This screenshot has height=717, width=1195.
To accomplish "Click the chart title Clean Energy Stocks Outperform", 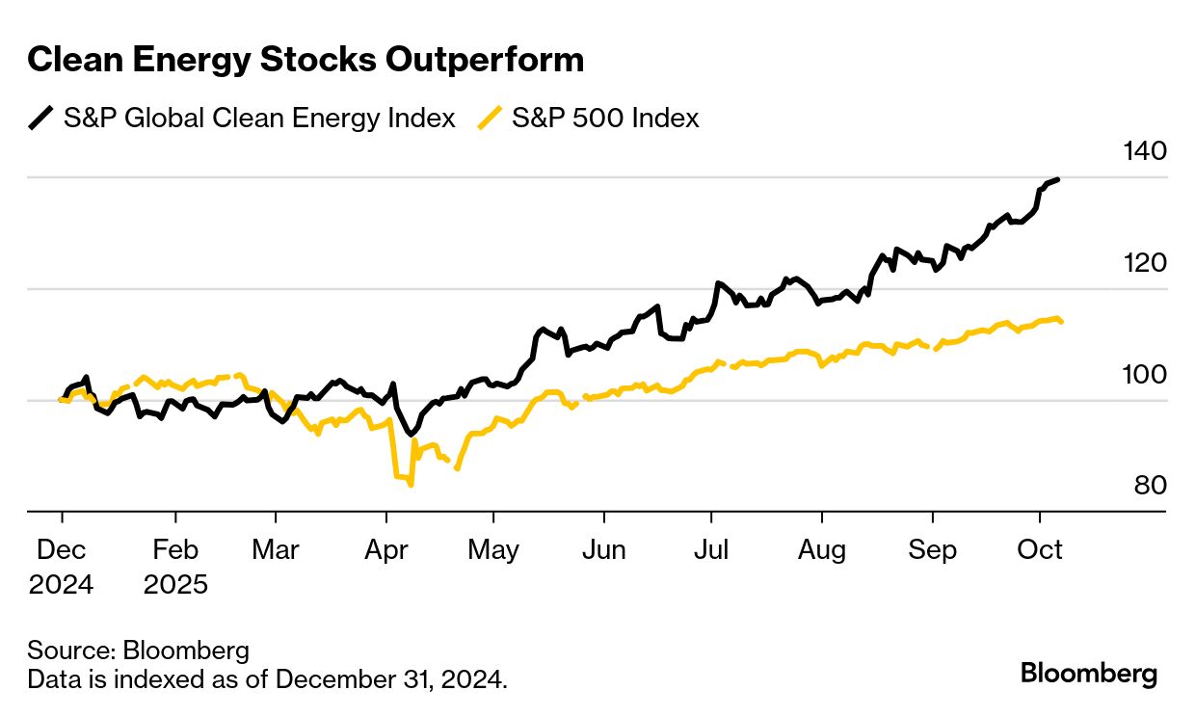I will (x=305, y=60).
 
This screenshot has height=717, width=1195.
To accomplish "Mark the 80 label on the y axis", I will (x=1150, y=486).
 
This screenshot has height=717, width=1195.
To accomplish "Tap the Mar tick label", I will (x=275, y=550).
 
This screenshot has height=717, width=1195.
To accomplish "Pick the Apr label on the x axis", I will (x=385, y=550).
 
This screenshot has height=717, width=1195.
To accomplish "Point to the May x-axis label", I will (x=493, y=550).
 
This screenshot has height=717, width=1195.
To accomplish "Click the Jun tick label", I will (x=603, y=550).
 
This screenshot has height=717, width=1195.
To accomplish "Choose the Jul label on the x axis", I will (x=711, y=550).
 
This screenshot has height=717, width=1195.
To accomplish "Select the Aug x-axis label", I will (x=822, y=550).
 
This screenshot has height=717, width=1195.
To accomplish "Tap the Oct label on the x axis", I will (x=1040, y=550).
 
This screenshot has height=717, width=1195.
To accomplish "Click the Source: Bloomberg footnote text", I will (x=138, y=649).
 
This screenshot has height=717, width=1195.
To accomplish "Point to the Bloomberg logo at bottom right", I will (x=1089, y=673).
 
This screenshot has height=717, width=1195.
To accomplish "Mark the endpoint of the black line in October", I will (x=1058, y=179).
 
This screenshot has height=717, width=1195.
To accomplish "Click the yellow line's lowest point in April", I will (x=412, y=485).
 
